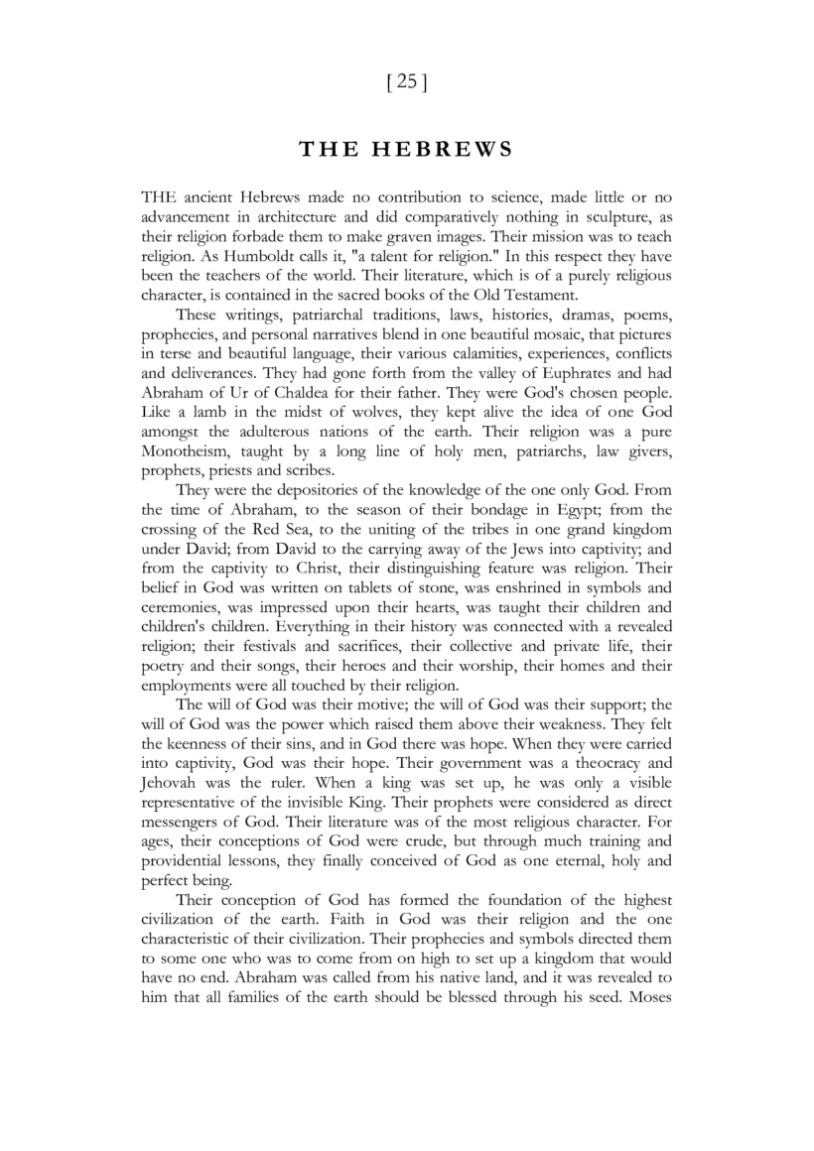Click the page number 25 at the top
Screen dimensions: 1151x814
point(406,82)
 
